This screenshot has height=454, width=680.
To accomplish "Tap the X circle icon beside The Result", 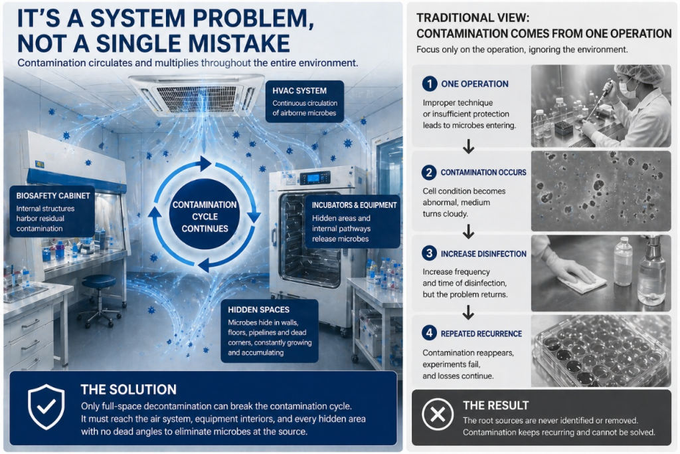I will [437, 415].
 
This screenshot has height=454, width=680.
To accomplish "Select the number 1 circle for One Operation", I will [430, 84].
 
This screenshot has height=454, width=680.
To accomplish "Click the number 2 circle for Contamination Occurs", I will [430, 172].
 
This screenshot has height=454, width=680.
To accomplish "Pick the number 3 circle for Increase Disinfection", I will [430, 253].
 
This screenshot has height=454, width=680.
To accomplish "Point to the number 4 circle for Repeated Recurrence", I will [430, 333].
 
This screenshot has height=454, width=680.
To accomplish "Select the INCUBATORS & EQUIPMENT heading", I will [354, 205].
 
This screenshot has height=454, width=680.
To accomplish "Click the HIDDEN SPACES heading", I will [258, 309].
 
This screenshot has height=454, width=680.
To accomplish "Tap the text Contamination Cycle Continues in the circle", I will [205, 217].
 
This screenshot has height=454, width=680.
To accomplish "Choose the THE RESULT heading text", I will [495, 405].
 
